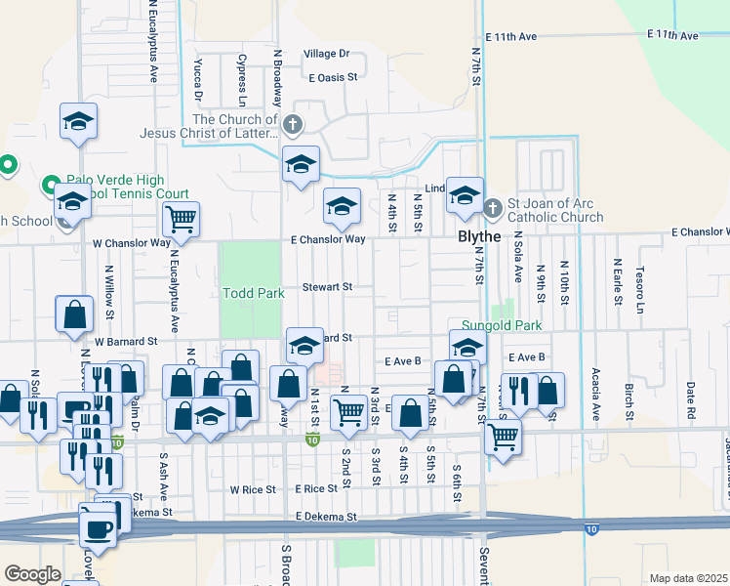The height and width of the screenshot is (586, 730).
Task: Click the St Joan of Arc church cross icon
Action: [493, 208]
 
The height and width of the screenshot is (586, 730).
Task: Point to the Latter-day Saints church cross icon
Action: [292, 124]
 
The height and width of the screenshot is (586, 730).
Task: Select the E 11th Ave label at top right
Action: [673, 35]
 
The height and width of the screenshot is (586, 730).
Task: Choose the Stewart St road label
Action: [325, 287]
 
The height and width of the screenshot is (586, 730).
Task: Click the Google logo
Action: [32, 574]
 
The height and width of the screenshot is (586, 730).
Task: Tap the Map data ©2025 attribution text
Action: [689, 578]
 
